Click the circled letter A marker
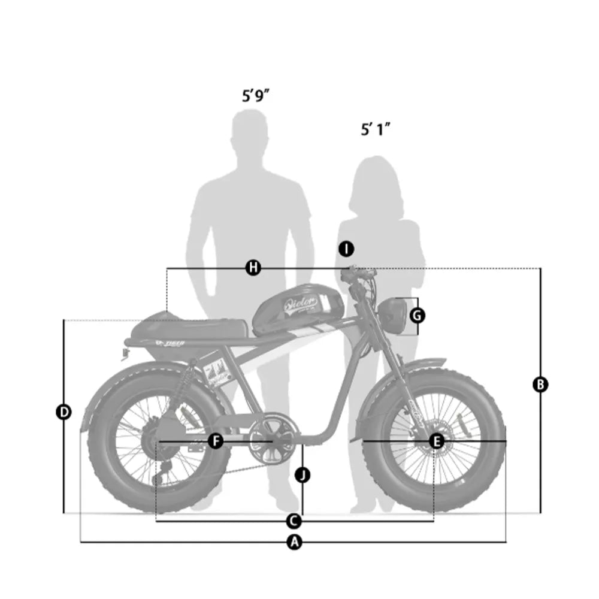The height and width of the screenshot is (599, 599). point(294,542)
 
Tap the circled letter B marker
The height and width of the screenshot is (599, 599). point(540,385)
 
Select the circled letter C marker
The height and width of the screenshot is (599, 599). point(294,520)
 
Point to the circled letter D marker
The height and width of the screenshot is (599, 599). point(63,412)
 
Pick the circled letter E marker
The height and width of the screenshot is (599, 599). point(437,441)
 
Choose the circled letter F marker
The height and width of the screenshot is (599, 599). point(216,441)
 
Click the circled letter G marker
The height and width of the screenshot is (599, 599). point(418,314)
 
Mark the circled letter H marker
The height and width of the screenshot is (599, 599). point(254,268)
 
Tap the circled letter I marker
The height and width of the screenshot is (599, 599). point(346,248)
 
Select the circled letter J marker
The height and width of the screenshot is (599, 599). point(303,475)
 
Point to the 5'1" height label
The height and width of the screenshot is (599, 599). point(376,129)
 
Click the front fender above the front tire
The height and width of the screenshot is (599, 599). point(413,367)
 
